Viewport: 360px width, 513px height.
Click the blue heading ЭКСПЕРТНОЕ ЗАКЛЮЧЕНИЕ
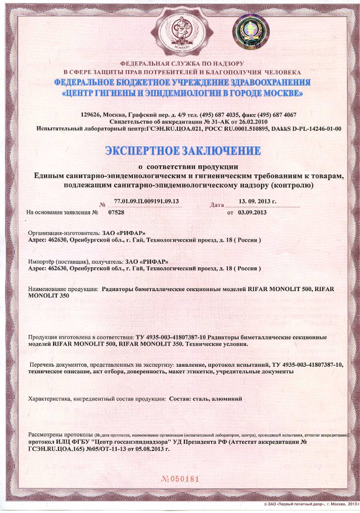click(x=182, y=151)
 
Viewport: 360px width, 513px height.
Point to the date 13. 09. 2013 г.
click(x=257, y=201)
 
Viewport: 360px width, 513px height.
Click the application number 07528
click(x=116, y=212)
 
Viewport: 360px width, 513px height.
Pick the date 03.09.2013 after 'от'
click(x=252, y=212)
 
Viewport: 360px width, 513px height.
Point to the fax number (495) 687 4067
click(x=276, y=115)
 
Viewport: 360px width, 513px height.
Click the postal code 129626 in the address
click(x=91, y=115)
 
